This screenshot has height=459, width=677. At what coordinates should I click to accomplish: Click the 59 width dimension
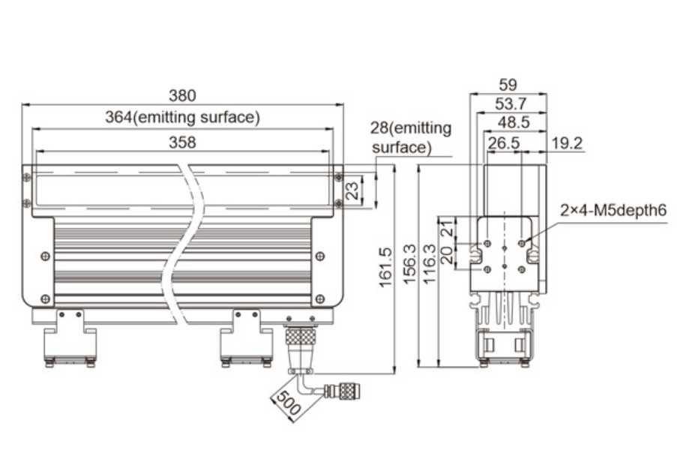[508, 84]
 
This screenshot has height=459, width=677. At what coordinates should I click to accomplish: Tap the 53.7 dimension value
[510, 102]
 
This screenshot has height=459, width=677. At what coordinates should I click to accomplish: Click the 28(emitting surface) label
[411, 137]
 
